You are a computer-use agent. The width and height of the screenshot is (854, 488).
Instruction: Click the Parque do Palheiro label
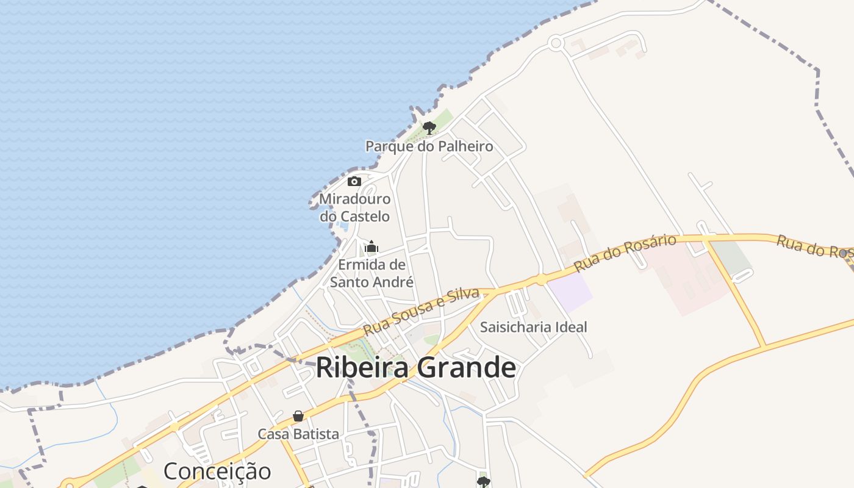(429, 146)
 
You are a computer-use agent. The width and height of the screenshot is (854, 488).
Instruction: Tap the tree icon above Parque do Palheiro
(429, 127)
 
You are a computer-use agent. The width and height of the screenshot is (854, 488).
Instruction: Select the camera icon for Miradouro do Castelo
(354, 181)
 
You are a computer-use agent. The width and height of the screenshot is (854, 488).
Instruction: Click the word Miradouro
(354, 199)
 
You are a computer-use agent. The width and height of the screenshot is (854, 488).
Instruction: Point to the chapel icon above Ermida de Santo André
(371, 247)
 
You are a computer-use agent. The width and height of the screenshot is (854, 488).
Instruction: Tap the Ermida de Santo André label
(371, 273)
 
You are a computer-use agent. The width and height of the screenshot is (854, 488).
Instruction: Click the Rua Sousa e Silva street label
(421, 311)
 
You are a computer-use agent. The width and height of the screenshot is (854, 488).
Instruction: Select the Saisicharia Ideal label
(533, 327)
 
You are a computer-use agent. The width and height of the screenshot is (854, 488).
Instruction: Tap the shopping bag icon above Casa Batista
(298, 416)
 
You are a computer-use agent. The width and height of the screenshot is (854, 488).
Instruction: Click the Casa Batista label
(298, 434)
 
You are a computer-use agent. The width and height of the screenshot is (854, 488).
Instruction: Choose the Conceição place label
(217, 471)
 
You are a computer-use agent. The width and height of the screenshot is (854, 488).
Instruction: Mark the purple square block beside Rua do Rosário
(570, 292)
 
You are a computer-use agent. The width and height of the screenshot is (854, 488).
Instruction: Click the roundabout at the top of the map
(555, 43)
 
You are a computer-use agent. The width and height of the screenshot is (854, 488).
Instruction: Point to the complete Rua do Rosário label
(625, 253)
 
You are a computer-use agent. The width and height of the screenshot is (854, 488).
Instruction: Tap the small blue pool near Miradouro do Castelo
(343, 226)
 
